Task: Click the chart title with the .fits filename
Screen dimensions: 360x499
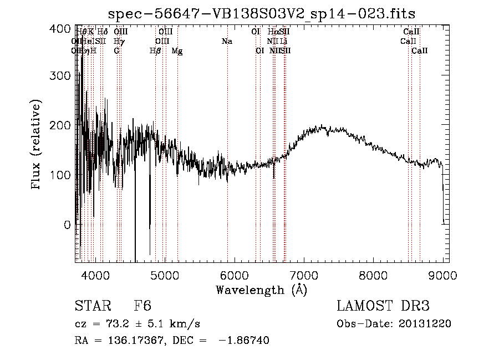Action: tap(261, 13)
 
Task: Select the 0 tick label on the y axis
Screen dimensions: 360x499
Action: tap(67, 225)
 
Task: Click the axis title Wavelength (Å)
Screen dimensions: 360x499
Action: tap(261, 289)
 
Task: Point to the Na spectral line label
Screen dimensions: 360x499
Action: tap(227, 42)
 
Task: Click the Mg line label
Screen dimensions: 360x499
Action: tap(177, 51)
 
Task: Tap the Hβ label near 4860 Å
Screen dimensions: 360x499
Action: tap(156, 51)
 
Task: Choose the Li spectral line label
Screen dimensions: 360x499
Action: tap(283, 42)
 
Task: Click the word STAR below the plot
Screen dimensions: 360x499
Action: tap(91, 307)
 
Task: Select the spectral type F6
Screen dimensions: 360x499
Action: tap(142, 307)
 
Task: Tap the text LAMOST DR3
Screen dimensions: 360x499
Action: tap(383, 307)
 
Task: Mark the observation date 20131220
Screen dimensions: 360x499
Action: tap(427, 323)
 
